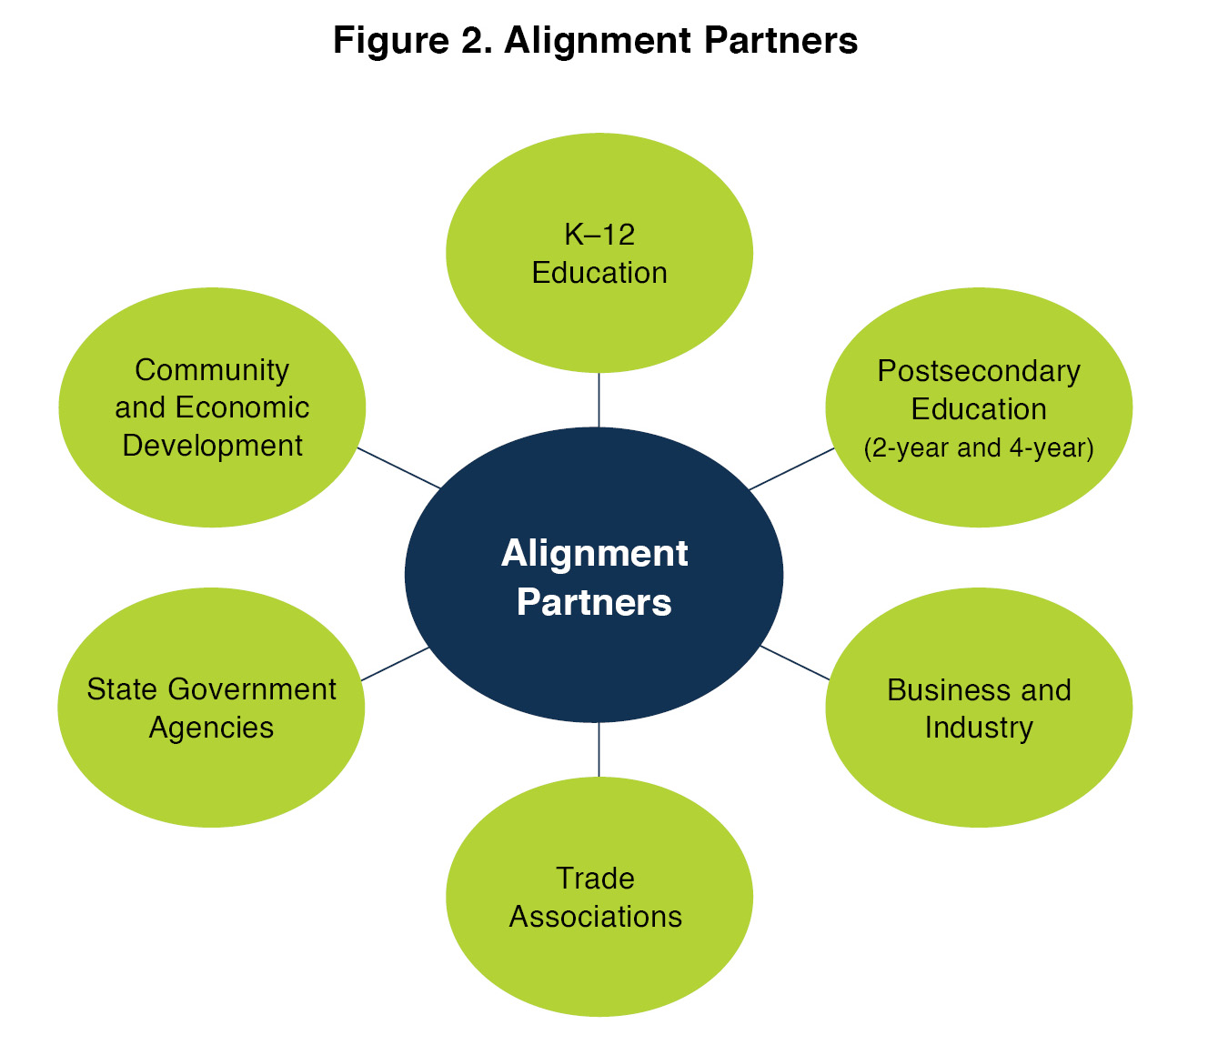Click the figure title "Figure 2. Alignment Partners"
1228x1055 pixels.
595,41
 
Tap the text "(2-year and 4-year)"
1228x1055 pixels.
979,448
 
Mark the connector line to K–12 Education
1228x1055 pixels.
599,399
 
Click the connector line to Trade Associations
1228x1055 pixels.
599,749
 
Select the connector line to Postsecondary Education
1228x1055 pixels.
791,468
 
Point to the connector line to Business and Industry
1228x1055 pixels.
794,662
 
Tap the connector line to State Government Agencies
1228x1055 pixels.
395,664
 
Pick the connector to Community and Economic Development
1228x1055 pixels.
398,467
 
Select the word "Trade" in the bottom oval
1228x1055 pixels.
595,879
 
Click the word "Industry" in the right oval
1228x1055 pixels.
979,728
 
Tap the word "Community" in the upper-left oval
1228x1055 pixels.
212,370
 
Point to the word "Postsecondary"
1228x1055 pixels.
979,371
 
